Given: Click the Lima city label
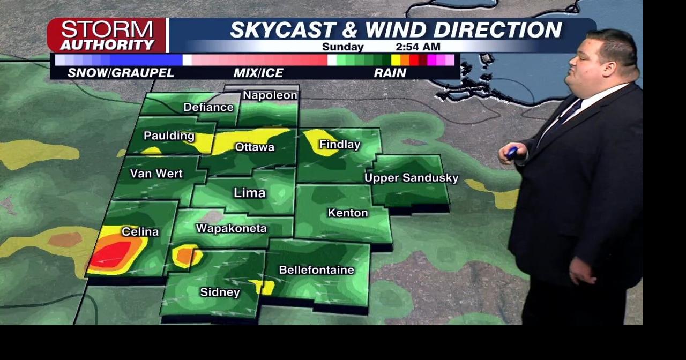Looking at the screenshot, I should click(250, 193).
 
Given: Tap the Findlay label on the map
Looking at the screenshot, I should click(340, 145).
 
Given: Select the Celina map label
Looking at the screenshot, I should click(140, 232).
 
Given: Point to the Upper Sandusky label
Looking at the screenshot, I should click(411, 178).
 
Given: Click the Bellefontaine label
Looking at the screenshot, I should click(317, 270).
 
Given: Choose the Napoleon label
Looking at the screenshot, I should click(270, 95).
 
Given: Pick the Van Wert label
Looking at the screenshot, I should click(156, 174).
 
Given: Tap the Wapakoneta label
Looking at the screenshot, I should click(231, 228).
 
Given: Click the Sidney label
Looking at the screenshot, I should click(220, 292).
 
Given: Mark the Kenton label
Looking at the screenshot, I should click(348, 213).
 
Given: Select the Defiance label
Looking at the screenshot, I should click(208, 107).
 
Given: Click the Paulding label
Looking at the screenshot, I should click(169, 136).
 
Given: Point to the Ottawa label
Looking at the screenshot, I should click(255, 147).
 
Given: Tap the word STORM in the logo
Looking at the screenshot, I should click(107, 29).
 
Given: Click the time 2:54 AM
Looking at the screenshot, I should click(417, 47).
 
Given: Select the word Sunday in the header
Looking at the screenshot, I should click(343, 47).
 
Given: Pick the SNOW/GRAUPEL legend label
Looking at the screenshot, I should click(121, 73).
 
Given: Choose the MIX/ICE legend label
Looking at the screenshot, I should click(258, 73).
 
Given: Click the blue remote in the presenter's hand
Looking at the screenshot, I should click(512, 152).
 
